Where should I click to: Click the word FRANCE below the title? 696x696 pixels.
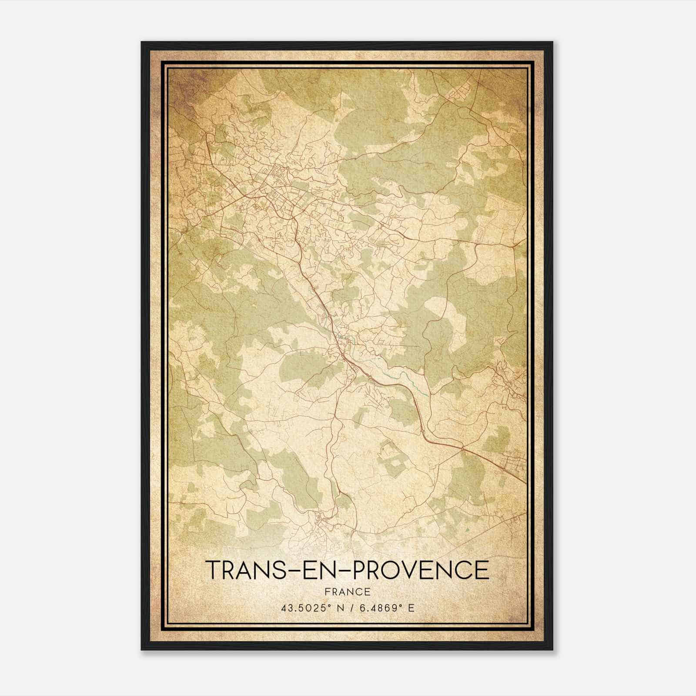348,592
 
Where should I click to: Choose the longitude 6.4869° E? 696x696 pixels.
385,608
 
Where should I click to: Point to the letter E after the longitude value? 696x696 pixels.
411,608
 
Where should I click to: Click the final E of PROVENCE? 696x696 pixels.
482,570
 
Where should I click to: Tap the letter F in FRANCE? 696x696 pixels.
327,592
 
